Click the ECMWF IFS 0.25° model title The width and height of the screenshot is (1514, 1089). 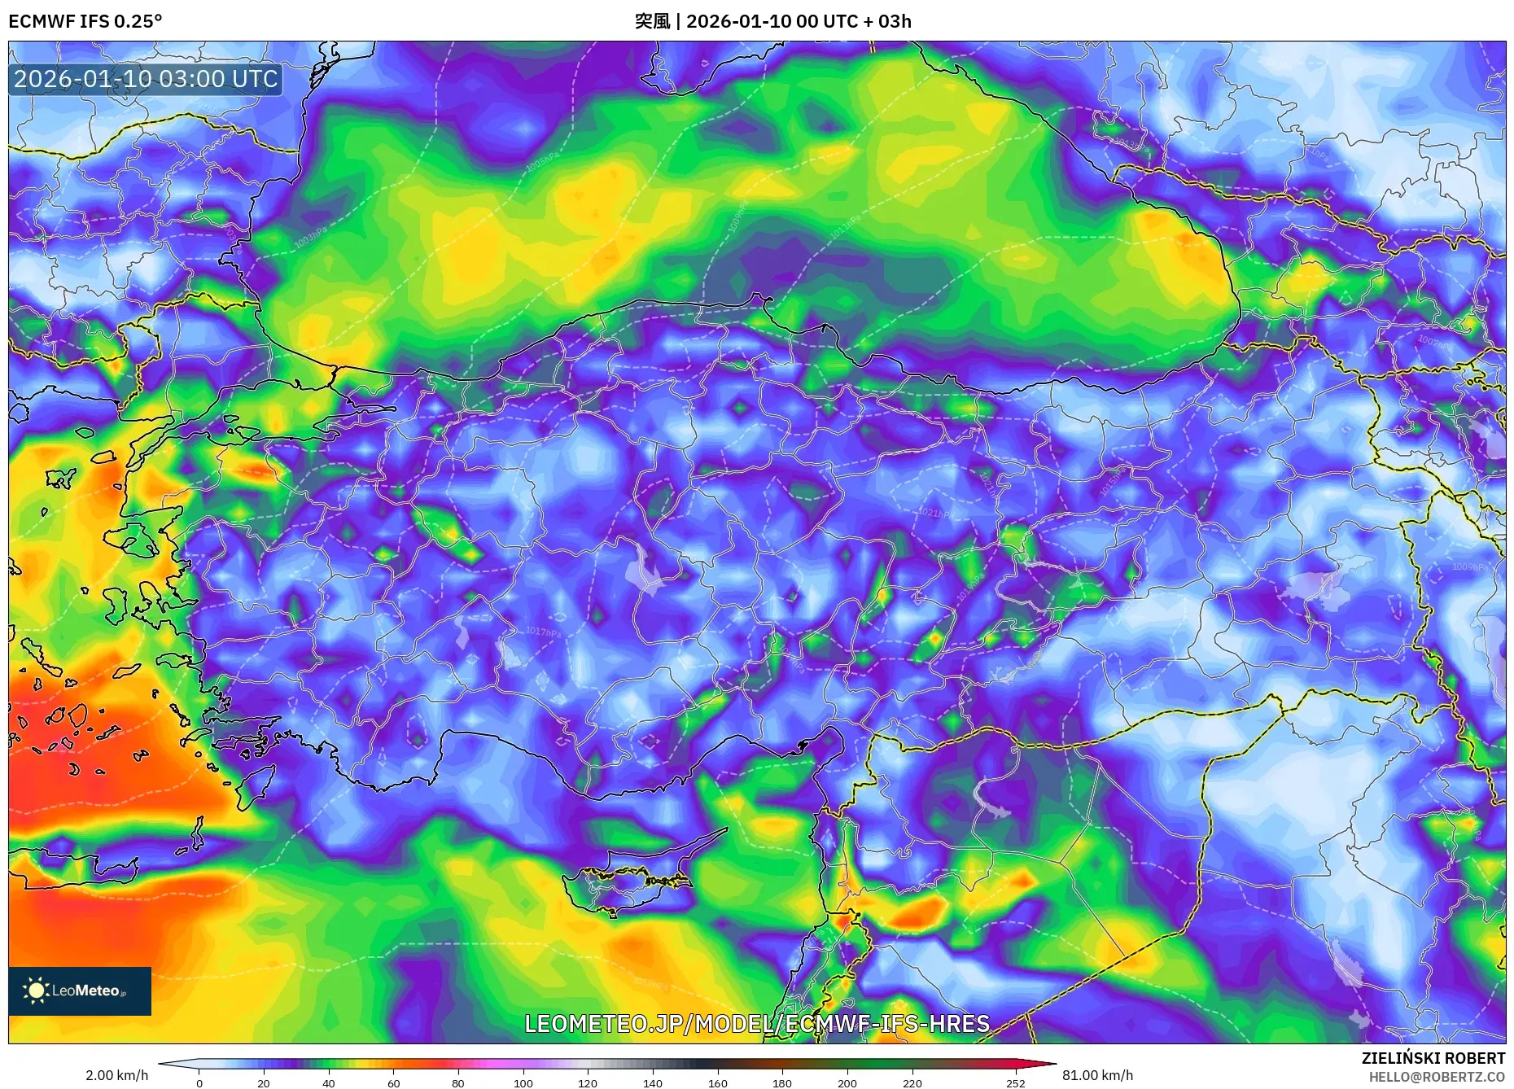click(x=85, y=21)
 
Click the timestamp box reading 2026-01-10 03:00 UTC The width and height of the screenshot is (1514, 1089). click(x=146, y=79)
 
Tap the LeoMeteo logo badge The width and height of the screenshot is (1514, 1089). click(x=80, y=991)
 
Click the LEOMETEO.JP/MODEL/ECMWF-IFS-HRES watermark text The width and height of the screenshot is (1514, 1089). click(x=757, y=1023)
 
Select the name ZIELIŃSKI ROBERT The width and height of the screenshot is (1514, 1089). click(x=1433, y=1058)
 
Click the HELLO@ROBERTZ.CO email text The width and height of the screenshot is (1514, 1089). click(x=1436, y=1077)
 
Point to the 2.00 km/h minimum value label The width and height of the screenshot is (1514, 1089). click(x=116, y=1075)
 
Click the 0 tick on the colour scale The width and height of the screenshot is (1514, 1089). click(x=199, y=1082)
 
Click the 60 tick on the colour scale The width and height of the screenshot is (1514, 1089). click(x=394, y=1082)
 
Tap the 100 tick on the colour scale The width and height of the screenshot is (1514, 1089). click(x=523, y=1082)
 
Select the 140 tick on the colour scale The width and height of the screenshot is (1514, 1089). click(x=653, y=1082)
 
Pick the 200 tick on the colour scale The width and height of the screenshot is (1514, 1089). click(x=847, y=1082)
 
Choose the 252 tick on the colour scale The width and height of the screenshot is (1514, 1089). click(x=1016, y=1082)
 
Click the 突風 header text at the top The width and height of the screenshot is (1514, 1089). click(x=652, y=21)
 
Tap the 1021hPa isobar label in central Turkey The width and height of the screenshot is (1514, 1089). click(x=935, y=513)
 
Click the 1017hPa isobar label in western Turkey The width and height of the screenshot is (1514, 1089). click(x=543, y=632)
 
